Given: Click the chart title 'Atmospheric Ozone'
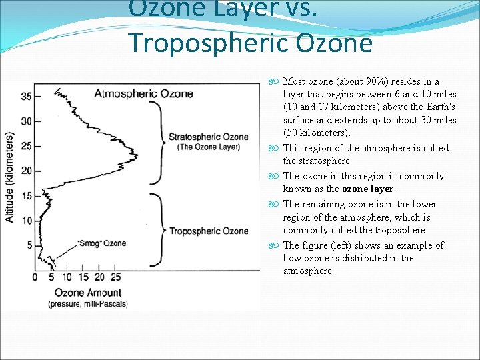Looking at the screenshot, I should tap(143, 93).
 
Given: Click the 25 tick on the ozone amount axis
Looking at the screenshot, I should tap(115, 277).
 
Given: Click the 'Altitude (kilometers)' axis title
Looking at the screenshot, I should tap(10, 177).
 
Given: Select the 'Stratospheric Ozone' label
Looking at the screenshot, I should tap(208, 137).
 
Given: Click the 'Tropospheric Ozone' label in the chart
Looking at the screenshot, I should tap(209, 231).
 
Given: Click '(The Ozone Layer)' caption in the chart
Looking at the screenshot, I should tap(208, 147).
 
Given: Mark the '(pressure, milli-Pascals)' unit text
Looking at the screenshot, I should tap(87, 304).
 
